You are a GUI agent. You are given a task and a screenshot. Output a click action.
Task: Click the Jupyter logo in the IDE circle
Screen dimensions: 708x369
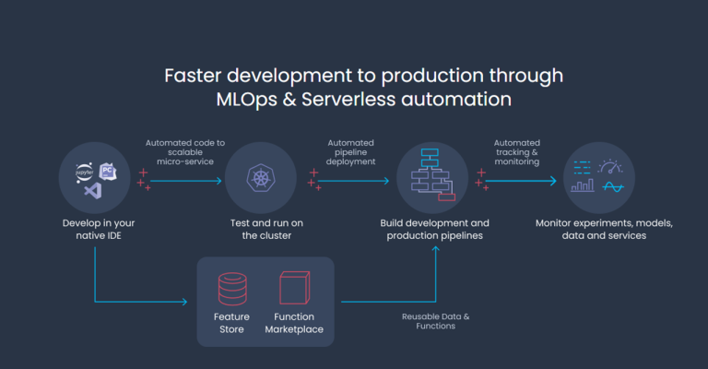(x=84, y=173)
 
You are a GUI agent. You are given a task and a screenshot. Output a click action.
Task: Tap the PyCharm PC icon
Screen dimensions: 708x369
(x=108, y=172)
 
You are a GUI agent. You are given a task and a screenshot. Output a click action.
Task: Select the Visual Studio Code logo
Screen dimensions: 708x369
(x=93, y=191)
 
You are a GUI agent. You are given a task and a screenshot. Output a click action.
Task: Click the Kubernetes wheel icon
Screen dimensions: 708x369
(x=261, y=177)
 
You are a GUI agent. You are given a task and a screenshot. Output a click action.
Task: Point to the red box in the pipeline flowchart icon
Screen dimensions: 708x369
(x=446, y=196)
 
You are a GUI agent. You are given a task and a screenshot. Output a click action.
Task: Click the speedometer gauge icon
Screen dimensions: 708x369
(x=610, y=167)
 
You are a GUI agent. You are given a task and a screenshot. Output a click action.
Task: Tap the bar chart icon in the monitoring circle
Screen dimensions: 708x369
(x=583, y=185)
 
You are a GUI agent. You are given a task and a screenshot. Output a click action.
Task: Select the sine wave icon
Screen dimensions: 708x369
(x=613, y=186)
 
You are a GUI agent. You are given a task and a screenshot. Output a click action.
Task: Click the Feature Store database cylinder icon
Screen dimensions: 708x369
(x=232, y=289)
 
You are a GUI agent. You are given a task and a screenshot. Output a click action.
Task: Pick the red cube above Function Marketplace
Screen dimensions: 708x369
(x=294, y=288)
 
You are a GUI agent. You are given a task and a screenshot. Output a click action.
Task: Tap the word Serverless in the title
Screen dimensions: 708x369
(x=348, y=100)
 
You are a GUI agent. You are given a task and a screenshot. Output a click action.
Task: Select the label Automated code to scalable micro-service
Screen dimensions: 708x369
(x=185, y=152)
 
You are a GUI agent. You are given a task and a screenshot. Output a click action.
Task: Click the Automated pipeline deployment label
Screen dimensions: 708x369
(x=351, y=152)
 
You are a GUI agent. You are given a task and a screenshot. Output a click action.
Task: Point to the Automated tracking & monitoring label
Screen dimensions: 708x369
(x=517, y=152)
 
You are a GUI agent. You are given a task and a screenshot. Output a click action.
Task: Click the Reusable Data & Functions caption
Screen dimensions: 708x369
(x=436, y=321)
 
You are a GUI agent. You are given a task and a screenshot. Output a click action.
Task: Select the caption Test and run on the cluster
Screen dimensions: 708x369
(x=266, y=229)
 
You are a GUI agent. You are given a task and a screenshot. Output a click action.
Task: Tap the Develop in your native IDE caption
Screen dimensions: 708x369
(x=99, y=229)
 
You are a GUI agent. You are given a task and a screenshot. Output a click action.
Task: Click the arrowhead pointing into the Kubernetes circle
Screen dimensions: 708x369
(x=219, y=181)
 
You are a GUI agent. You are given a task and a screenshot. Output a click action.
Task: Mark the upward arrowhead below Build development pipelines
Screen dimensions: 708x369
(x=436, y=249)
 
